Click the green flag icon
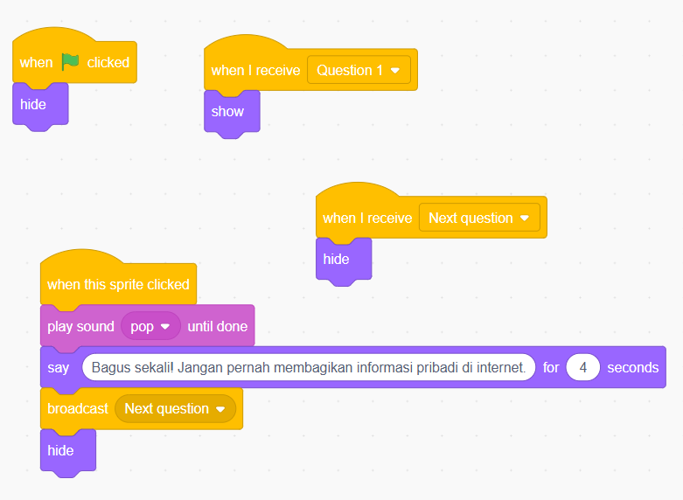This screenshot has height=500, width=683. coord(70,62)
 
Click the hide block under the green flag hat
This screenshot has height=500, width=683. coord(33,104)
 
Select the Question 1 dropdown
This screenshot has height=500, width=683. coord(359,70)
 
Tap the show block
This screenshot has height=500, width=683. coord(227,111)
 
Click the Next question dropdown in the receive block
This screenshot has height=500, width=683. coord(479,218)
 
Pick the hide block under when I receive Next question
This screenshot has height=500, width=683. coord(336,259)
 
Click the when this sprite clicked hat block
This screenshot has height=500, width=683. coord(118,284)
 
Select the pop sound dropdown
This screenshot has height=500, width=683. coord(150,326)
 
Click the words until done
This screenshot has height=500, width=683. coord(218,326)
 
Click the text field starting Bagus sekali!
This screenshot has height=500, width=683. coord(308,367)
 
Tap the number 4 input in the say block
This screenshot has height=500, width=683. coord(582,367)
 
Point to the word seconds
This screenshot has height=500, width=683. coord(633,367)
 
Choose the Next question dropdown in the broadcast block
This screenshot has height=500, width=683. coord(175,408)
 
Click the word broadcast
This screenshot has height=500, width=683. coord(78,408)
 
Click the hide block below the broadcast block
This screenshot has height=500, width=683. coord(60,450)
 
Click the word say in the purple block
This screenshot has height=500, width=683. coord(59,367)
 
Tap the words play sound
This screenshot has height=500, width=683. coord(80,326)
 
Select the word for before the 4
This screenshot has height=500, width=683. coord(551,367)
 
